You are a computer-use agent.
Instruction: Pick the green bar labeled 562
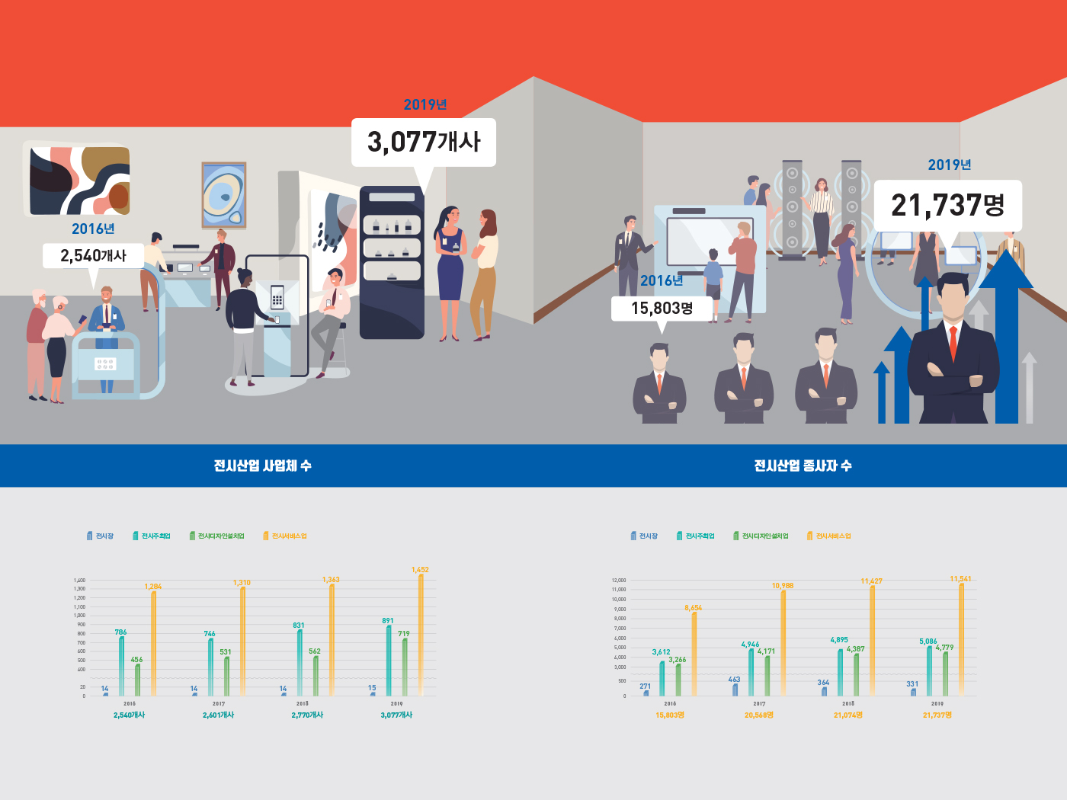pyautogui.click(x=316, y=675)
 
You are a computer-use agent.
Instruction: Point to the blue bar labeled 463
pyautogui.click(x=735, y=690)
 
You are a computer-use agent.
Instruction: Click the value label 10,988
pyautogui.click(x=783, y=586)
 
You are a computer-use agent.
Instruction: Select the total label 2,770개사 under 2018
pyautogui.click(x=307, y=715)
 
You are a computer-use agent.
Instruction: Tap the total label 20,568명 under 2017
pyautogui.click(x=759, y=715)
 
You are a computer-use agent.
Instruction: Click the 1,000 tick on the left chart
pyautogui.click(x=80, y=616)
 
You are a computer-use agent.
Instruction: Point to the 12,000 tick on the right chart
pyautogui.click(x=619, y=581)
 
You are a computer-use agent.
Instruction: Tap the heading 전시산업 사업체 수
pyautogui.click(x=263, y=466)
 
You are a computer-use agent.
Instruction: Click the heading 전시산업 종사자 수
pyautogui.click(x=803, y=466)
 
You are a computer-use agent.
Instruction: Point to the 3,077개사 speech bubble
pyautogui.click(x=424, y=142)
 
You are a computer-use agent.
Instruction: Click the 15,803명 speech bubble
pyautogui.click(x=662, y=309)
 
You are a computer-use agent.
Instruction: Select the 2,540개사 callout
pyautogui.click(x=93, y=256)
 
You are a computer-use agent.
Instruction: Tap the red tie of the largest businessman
pyautogui.click(x=953, y=342)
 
